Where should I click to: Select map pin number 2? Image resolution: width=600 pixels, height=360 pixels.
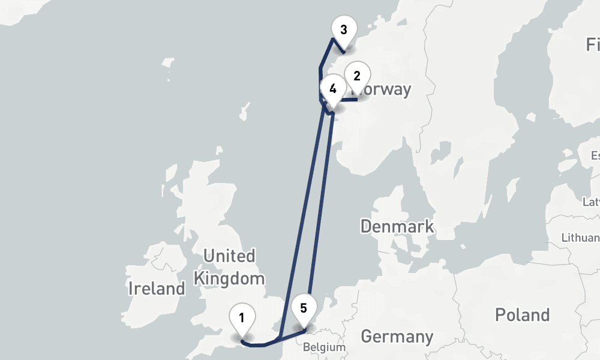[357, 77]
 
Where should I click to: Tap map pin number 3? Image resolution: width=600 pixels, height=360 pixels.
[343, 31]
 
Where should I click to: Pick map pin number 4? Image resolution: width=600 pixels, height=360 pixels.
[332, 89]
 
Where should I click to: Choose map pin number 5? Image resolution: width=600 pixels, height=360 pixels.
[304, 309]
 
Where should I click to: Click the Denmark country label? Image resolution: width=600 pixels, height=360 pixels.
[397, 226]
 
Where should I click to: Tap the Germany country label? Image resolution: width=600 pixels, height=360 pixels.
[397, 337]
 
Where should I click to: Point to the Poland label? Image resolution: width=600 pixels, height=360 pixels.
[522, 314]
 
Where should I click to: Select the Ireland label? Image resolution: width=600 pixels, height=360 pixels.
[157, 289]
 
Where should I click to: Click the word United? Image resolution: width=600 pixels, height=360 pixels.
[229, 256]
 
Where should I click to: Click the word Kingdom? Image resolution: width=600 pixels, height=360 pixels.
[229, 278]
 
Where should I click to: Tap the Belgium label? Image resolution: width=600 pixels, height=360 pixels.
[324, 347]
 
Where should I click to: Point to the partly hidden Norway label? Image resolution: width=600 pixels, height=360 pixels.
[387, 91]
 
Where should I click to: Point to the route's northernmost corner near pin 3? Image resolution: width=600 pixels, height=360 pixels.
[332, 40]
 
